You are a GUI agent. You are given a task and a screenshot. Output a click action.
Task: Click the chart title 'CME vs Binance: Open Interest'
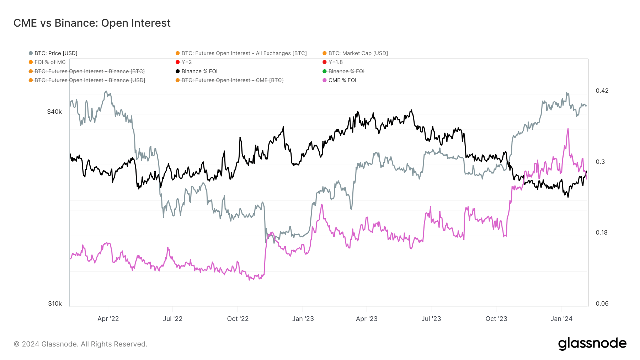click(x=92, y=23)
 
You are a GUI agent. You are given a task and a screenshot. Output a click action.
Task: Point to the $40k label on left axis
click(x=54, y=112)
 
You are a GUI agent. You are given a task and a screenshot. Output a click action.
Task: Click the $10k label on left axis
click(x=55, y=303)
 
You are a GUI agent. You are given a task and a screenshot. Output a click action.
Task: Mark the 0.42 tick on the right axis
click(x=602, y=91)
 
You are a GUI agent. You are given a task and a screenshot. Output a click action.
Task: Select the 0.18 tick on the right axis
click(x=602, y=232)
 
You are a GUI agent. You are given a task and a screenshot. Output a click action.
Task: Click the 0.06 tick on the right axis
click(x=602, y=303)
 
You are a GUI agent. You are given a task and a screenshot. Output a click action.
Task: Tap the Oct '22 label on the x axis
click(x=238, y=319)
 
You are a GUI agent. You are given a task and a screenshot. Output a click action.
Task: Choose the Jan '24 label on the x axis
click(x=561, y=319)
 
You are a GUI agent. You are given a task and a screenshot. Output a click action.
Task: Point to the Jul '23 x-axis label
click(x=431, y=319)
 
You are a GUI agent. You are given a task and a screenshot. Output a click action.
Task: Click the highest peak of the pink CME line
click(x=568, y=129)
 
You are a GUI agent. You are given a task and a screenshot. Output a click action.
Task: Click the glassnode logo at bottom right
click(x=592, y=344)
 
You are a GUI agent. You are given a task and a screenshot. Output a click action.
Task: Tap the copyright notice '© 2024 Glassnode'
click(x=80, y=344)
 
